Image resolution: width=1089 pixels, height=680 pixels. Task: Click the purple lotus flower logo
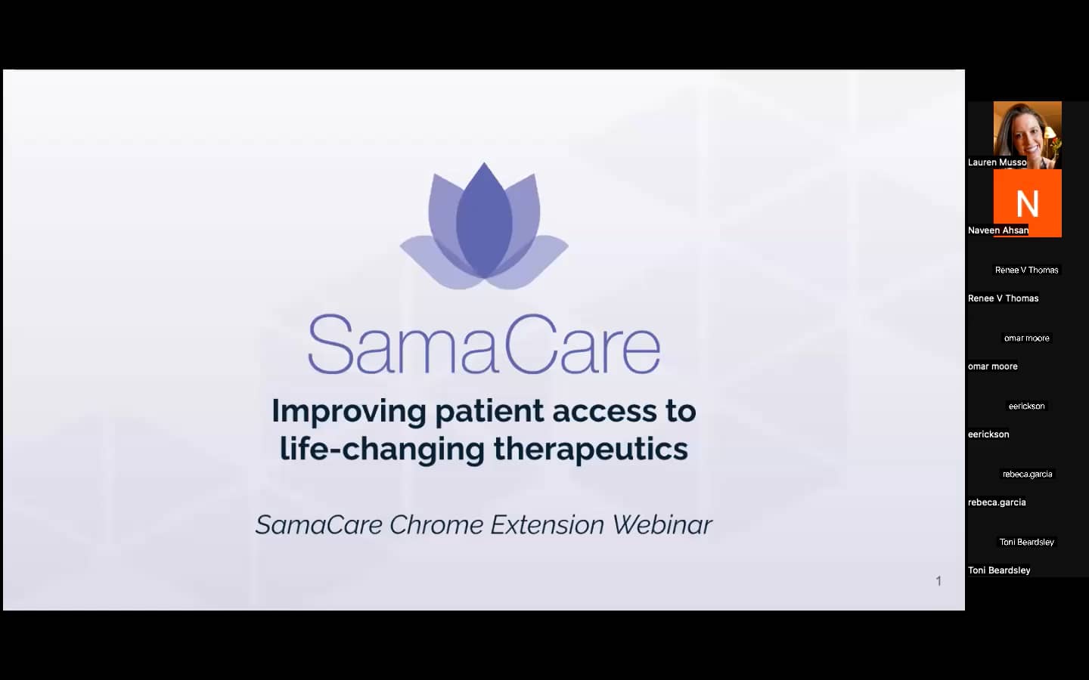484,227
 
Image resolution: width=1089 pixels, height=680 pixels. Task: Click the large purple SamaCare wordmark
484,345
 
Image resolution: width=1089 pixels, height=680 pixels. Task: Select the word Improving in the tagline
349,412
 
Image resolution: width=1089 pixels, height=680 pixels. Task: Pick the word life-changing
382,449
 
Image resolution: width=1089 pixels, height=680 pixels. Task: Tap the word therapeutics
591,449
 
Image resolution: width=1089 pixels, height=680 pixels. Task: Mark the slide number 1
939,581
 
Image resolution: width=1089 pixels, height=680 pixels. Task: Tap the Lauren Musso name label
997,162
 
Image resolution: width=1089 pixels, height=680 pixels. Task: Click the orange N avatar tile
1027,202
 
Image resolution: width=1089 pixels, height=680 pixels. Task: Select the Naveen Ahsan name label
998,230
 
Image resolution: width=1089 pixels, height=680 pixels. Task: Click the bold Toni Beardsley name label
999,570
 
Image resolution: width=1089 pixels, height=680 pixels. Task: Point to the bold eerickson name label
988,434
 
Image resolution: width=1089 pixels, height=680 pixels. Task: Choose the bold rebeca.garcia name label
997,502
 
